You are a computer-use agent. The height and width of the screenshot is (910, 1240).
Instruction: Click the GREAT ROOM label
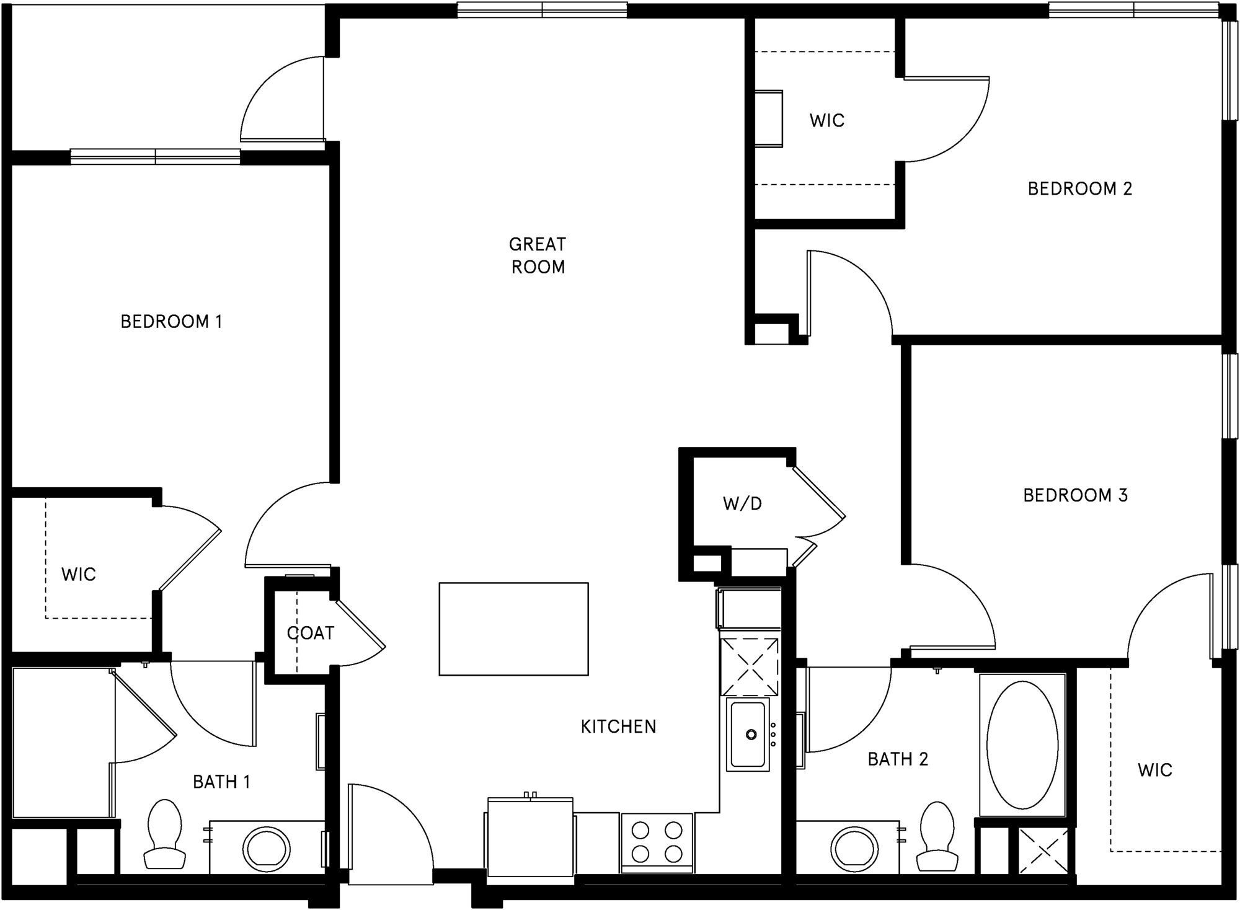(x=538, y=255)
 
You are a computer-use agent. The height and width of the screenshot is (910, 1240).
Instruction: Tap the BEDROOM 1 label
(x=171, y=322)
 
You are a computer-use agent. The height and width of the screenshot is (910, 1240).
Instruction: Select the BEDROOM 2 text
(x=1079, y=188)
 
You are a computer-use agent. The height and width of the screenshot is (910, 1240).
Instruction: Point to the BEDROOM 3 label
(x=1075, y=495)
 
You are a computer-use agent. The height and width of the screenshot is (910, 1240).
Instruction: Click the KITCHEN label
(x=618, y=727)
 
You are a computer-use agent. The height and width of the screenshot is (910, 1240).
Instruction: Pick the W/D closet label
(x=742, y=504)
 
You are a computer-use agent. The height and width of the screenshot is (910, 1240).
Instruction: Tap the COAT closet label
(x=310, y=633)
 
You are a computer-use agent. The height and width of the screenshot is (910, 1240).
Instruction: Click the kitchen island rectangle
(x=513, y=629)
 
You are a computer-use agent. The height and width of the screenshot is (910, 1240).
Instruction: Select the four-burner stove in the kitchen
(x=657, y=842)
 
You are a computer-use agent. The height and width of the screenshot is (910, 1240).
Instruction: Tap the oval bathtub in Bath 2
(x=1022, y=745)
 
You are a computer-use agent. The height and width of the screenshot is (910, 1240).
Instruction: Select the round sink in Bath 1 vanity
(x=266, y=850)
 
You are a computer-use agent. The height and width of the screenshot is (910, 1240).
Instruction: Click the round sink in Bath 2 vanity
(x=854, y=849)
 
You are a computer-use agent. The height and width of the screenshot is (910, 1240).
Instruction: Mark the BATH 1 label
(x=221, y=782)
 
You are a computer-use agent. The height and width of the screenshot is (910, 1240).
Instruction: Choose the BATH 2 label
(x=897, y=759)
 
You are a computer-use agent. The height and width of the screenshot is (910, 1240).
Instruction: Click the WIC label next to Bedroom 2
(x=826, y=120)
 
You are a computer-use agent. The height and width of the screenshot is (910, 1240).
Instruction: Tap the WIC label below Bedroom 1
(x=79, y=575)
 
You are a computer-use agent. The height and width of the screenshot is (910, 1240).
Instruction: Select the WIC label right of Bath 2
(x=1154, y=771)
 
